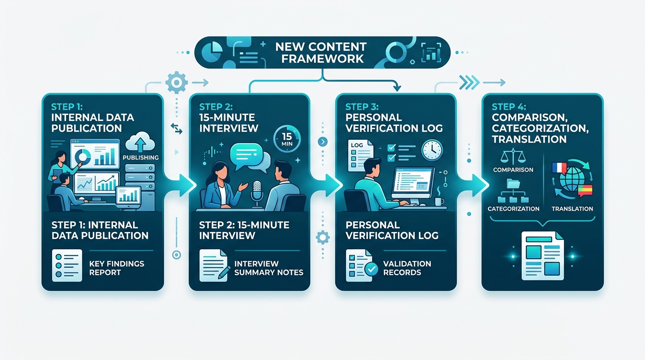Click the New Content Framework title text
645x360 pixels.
coord(321,52)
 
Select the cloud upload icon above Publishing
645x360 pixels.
coord(140,142)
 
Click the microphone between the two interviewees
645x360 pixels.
coord(257,194)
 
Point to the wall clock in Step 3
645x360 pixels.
coord(432,150)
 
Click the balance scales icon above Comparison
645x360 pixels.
coord(513,156)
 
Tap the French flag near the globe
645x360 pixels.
coord(559,168)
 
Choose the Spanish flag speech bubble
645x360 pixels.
coord(585,191)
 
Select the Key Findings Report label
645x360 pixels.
coord(117,268)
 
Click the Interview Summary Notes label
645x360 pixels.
coord(269,268)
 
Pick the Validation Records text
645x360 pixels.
coord(407,268)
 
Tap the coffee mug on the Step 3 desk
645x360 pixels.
coord(439,201)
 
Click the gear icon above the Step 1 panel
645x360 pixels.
coord(177,82)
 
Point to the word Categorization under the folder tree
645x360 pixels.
coord(513,209)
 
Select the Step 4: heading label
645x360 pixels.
coord(509,107)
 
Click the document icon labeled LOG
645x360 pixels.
coord(360,156)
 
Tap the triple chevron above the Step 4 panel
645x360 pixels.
coord(469,82)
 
